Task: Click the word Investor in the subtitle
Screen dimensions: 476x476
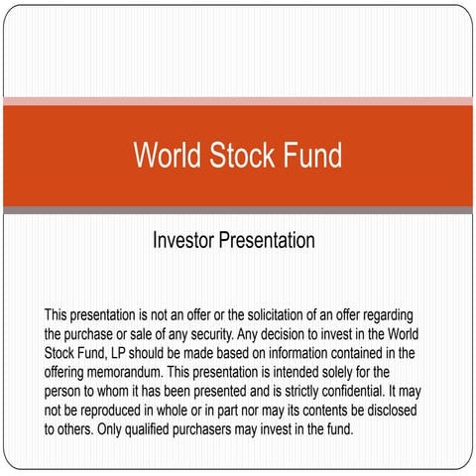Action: click(x=183, y=241)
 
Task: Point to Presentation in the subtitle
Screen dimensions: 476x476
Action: click(x=267, y=241)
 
